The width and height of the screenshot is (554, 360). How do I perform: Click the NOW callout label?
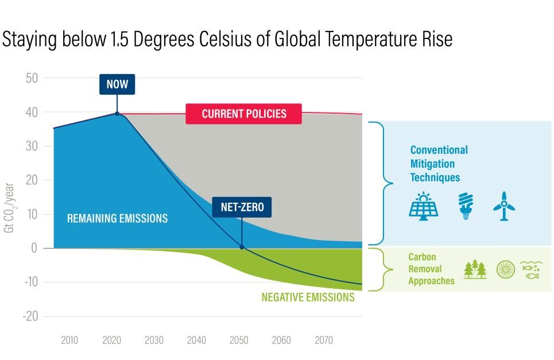(x=117, y=85)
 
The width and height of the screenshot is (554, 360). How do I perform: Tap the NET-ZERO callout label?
(x=242, y=207)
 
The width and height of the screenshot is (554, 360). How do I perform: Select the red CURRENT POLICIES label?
(x=243, y=114)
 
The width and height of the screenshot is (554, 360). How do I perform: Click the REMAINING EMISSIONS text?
(x=117, y=219)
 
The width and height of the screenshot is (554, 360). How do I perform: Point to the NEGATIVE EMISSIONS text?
(x=308, y=297)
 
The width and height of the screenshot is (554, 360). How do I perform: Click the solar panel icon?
(x=424, y=206)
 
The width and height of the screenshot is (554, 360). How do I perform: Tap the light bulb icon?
(x=465, y=206)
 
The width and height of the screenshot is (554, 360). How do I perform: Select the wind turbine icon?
(x=503, y=206)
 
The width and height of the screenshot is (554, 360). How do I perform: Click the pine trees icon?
(x=475, y=269)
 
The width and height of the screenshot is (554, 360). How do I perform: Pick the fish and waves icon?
(x=531, y=269)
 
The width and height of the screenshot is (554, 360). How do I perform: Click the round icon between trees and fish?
(x=505, y=269)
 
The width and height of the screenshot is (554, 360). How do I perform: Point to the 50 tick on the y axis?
(x=32, y=78)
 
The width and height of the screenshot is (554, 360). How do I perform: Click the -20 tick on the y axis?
(x=30, y=316)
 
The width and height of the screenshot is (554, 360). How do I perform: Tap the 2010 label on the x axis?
(x=69, y=340)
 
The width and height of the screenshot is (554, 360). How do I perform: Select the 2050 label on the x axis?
(x=239, y=340)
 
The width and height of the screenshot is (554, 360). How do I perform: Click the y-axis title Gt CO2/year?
(x=10, y=205)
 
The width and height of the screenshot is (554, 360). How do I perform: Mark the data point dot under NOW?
(x=117, y=114)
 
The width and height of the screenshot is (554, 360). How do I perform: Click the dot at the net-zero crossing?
(x=242, y=247)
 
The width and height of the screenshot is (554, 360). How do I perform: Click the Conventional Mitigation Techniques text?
(x=439, y=164)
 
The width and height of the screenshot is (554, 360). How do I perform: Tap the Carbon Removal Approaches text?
(x=431, y=269)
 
